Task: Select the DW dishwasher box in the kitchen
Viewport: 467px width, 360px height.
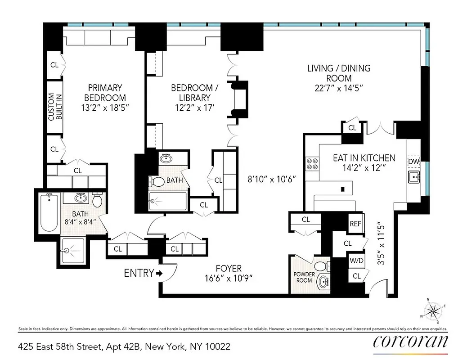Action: (x=413, y=161)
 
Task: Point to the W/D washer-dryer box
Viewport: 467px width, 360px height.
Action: (x=356, y=260)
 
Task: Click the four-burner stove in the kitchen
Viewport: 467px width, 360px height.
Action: (x=311, y=163)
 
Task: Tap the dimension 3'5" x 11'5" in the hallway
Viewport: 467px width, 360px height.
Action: (x=381, y=243)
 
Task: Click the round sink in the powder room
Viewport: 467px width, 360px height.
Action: (x=323, y=283)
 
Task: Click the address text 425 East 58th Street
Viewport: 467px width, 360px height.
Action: (x=124, y=346)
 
